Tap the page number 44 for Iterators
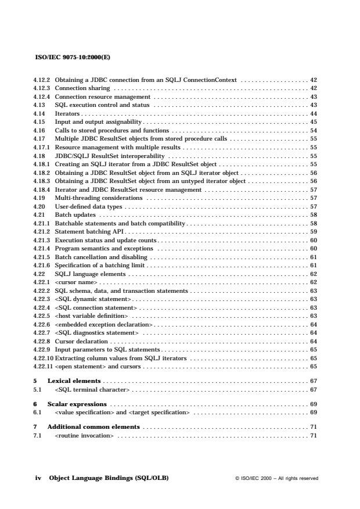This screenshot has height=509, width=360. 313,113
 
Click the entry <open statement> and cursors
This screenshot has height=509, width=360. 98,367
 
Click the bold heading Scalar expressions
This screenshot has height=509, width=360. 77,403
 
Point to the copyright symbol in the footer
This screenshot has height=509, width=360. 237,479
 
